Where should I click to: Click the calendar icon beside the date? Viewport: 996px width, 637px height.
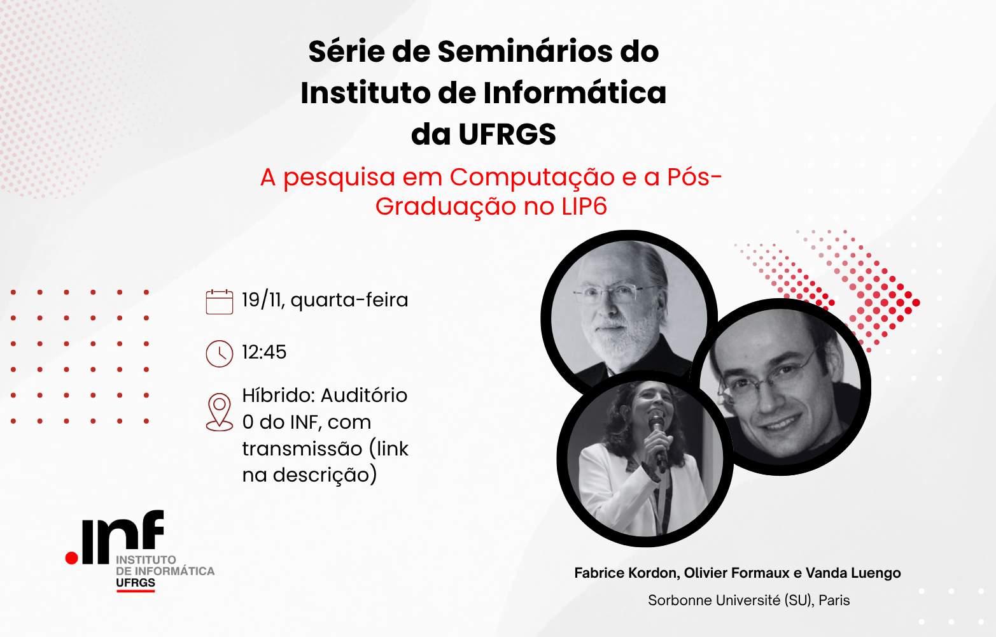(219, 302)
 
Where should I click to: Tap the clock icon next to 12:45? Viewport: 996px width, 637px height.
(219, 354)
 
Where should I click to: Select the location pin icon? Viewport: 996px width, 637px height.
(219, 412)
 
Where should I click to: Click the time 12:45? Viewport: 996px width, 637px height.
(264, 352)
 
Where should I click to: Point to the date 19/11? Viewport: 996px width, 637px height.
(263, 300)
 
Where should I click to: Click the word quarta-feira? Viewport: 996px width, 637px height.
(349, 300)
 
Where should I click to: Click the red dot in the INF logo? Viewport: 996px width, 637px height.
(71, 558)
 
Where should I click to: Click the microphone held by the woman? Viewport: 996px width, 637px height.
(657, 439)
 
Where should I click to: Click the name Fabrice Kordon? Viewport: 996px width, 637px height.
(626, 573)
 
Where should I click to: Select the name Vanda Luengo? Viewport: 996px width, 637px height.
(853, 573)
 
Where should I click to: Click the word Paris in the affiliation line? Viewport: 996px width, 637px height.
(834, 601)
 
